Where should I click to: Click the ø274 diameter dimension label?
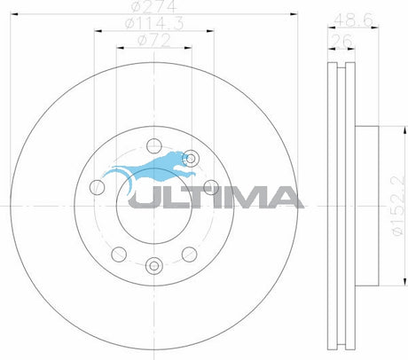(154, 6)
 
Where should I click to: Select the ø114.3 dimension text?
(154, 23)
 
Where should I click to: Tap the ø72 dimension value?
(154, 41)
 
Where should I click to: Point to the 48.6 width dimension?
(353, 20)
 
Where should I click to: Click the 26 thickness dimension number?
(341, 41)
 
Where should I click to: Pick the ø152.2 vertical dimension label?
(397, 206)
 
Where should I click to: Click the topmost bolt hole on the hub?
(154, 145)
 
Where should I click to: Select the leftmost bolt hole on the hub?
(97, 187)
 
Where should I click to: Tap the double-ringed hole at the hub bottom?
(154, 266)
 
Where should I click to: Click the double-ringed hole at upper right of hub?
(191, 159)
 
